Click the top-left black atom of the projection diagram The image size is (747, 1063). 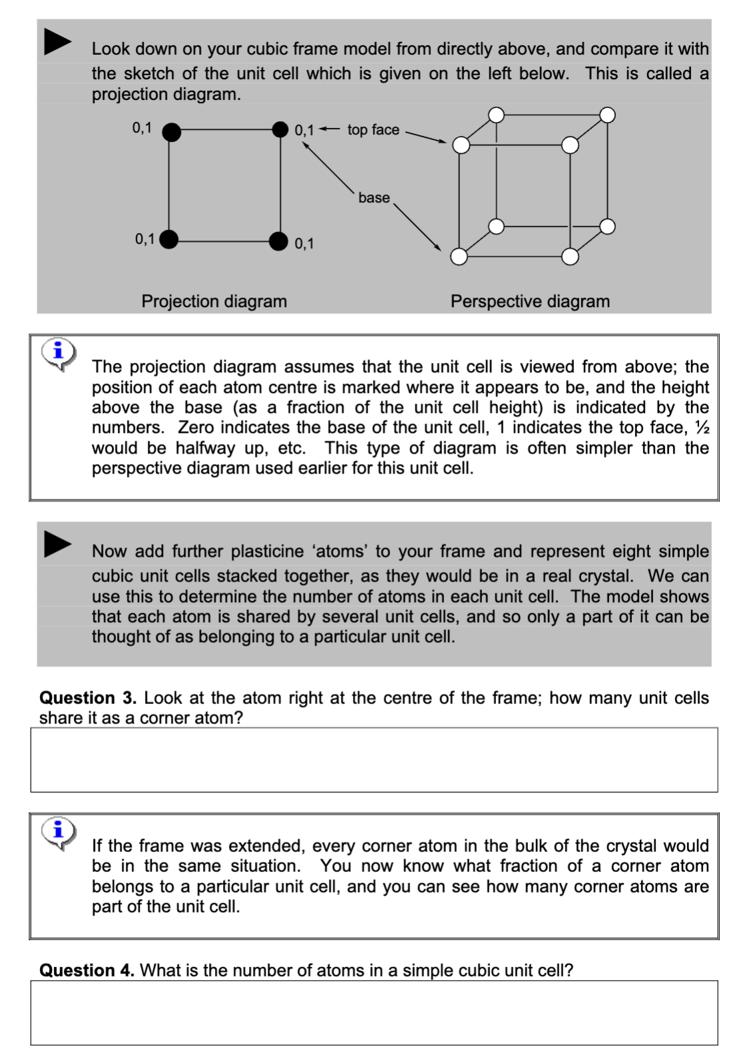coord(171,132)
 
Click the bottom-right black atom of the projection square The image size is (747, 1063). coord(278,240)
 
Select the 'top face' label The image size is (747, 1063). coord(373,130)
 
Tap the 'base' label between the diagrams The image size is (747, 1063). coord(373,198)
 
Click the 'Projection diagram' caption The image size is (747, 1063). coord(214,302)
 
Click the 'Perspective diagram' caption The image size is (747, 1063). coord(530,302)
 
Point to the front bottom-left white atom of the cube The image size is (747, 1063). coord(459,256)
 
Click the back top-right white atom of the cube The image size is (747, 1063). coord(607,115)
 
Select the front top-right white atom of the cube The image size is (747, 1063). coord(570,145)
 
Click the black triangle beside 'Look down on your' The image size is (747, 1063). coord(57,41)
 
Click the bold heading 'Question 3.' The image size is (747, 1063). coord(87,698)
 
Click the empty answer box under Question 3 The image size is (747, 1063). coord(373,759)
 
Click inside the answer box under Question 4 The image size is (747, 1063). coord(373,1012)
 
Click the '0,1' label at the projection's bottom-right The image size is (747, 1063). coord(304,244)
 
